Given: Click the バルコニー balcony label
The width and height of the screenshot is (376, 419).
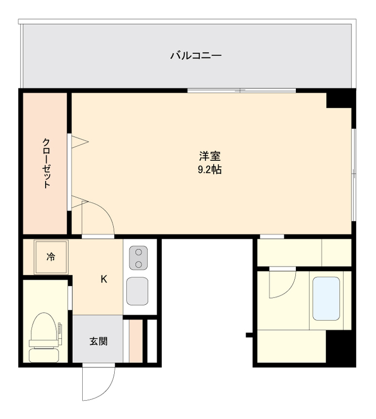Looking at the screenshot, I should (x=195, y=55).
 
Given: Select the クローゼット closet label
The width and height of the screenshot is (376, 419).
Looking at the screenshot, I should (x=47, y=163).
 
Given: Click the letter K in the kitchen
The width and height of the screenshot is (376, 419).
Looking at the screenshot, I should (x=104, y=279).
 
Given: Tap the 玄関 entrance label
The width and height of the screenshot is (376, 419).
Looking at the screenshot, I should (x=98, y=341).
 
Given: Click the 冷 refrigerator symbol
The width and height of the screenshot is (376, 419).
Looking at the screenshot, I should (x=51, y=257).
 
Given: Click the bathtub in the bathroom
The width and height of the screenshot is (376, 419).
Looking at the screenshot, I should (x=326, y=299).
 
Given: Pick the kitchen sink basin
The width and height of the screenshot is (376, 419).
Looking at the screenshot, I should (x=137, y=291).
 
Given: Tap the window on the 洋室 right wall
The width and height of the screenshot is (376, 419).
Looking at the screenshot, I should (x=354, y=173).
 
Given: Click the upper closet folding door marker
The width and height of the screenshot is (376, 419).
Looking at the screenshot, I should (x=80, y=140).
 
